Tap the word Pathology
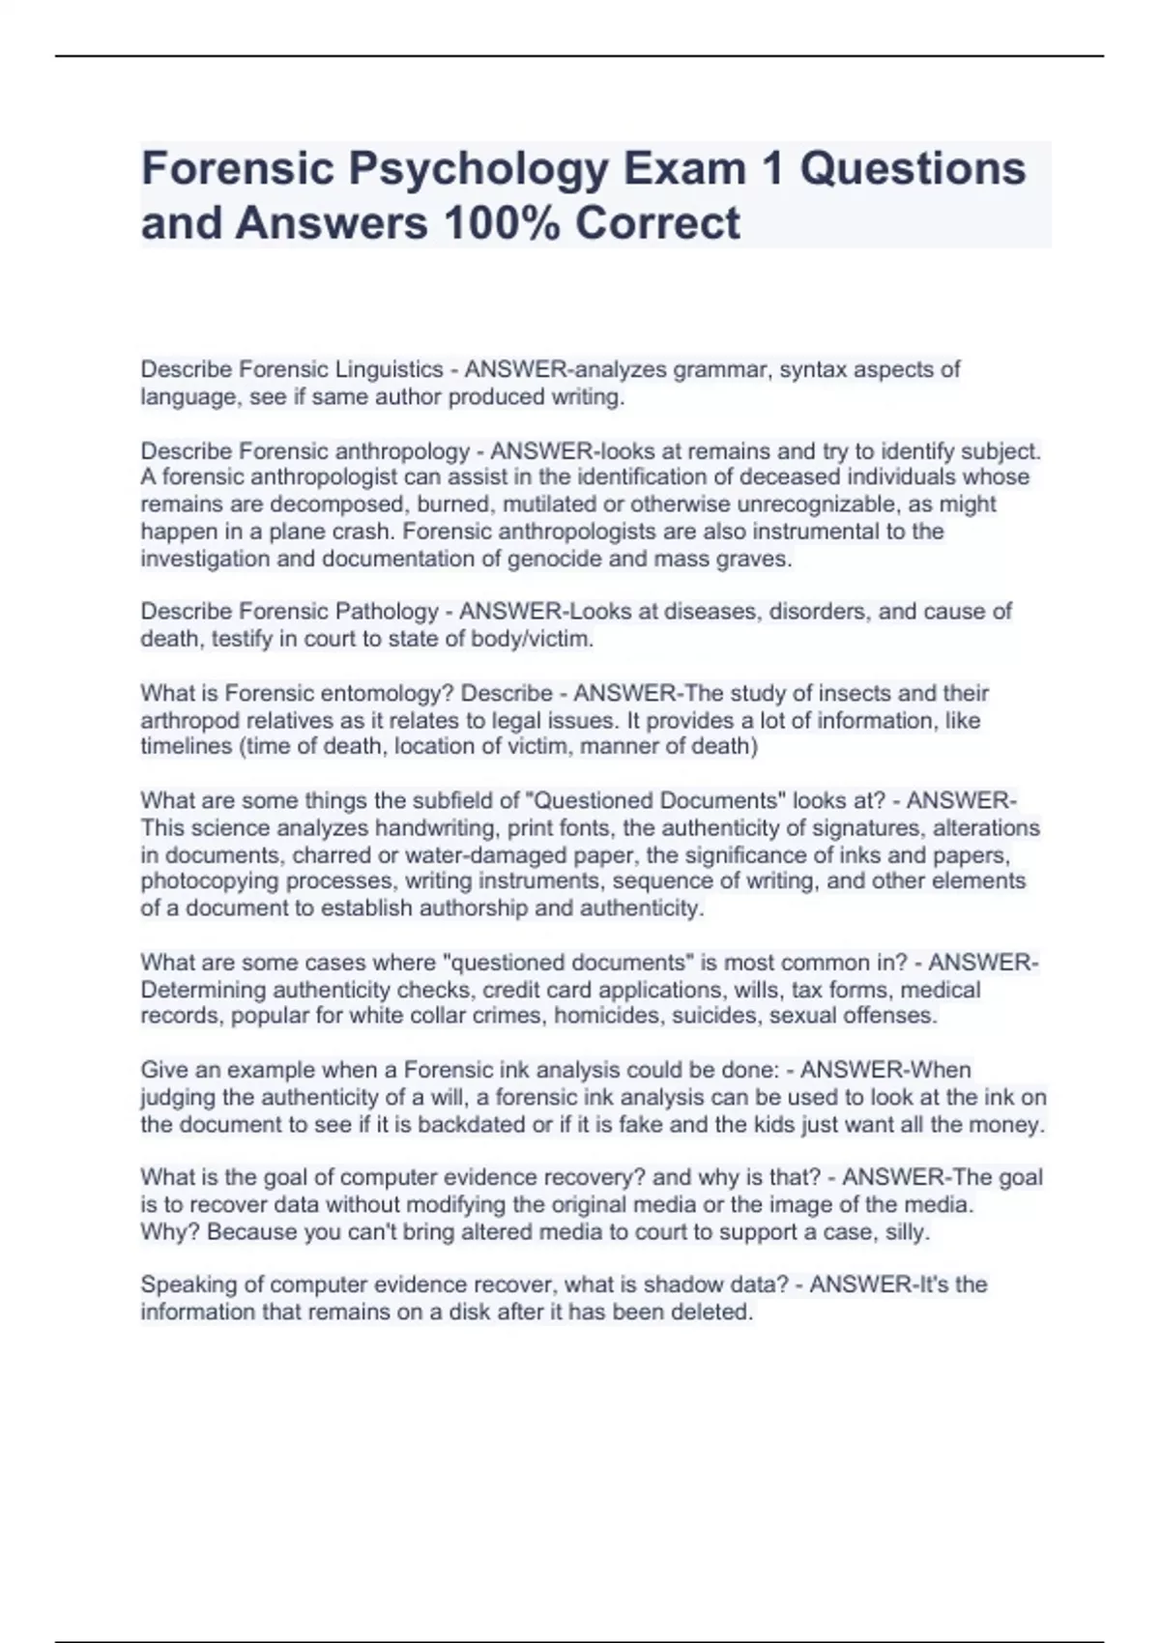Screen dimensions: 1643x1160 click(x=386, y=612)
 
